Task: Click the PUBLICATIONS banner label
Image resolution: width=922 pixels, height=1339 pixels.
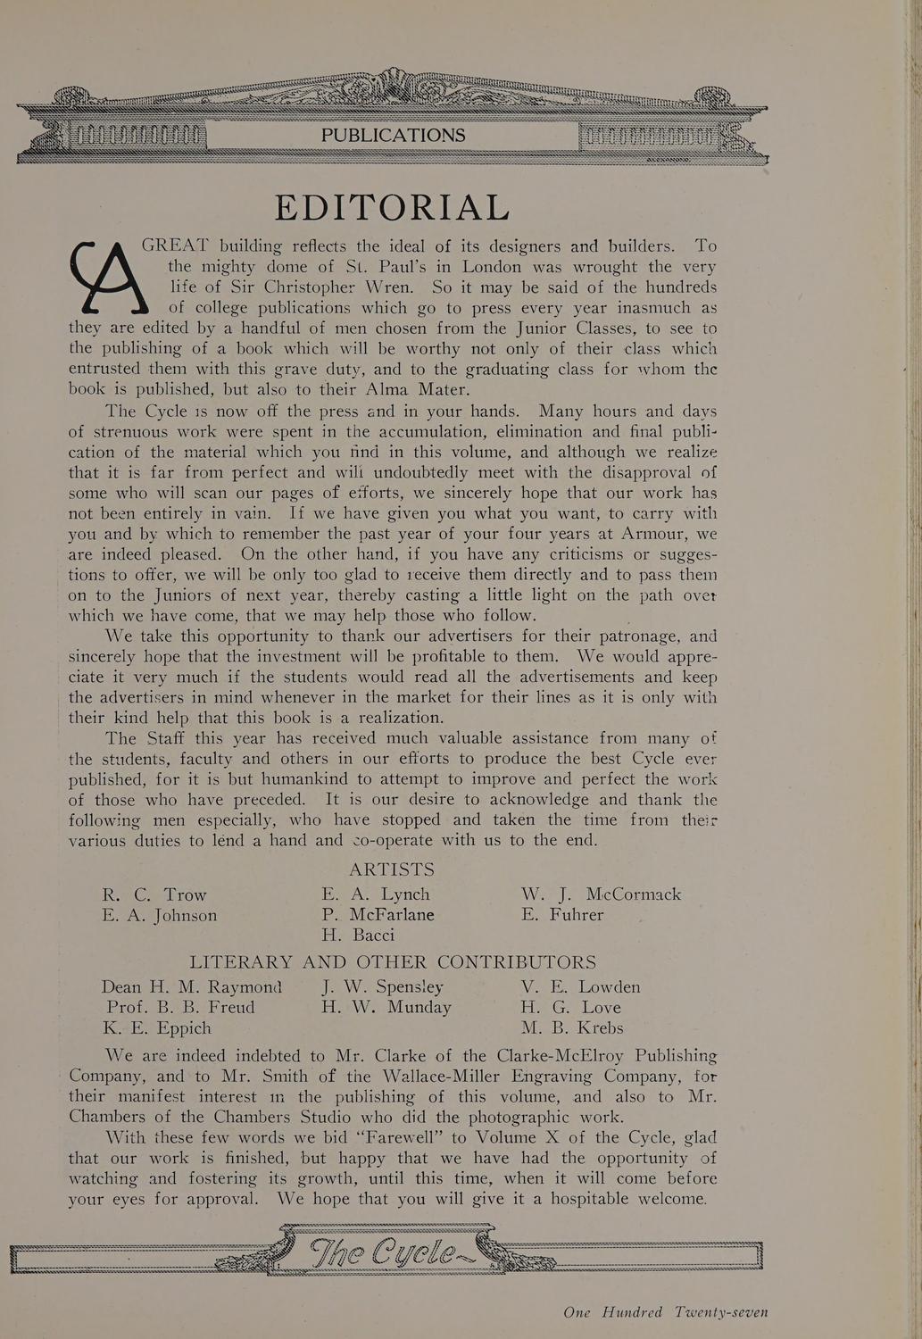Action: click(x=393, y=136)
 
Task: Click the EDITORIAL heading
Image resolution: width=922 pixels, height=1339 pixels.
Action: click(x=392, y=207)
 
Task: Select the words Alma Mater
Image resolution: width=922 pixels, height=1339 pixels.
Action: click(x=418, y=390)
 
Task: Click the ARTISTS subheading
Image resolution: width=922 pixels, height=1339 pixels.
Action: click(x=392, y=869)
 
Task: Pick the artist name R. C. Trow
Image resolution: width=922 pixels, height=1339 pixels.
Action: click(x=154, y=894)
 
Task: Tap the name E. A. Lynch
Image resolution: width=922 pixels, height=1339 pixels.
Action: click(x=376, y=894)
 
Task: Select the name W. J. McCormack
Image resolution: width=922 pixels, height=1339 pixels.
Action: click(x=601, y=894)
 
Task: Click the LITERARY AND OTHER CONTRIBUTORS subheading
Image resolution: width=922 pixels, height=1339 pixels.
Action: click(x=393, y=962)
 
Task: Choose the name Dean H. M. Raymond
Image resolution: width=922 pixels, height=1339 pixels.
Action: click(x=191, y=987)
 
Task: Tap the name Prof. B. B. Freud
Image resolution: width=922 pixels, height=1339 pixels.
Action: click(x=179, y=1008)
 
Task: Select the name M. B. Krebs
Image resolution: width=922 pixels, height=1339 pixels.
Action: click(x=572, y=1028)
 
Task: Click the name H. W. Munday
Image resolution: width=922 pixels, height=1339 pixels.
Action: click(x=386, y=1008)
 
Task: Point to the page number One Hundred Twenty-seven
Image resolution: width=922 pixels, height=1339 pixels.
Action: click(x=665, y=1312)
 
